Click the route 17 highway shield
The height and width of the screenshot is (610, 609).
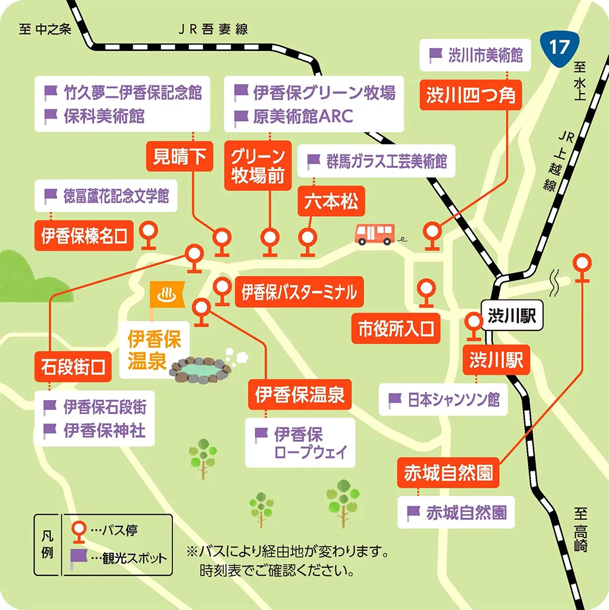click(558, 47)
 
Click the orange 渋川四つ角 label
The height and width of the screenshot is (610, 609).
click(470, 95)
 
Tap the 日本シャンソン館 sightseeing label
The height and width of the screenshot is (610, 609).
click(445, 400)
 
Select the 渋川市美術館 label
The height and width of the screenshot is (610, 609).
click(477, 56)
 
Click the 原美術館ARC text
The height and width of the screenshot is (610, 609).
click(303, 116)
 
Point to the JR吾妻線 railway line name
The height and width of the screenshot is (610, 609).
click(213, 29)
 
